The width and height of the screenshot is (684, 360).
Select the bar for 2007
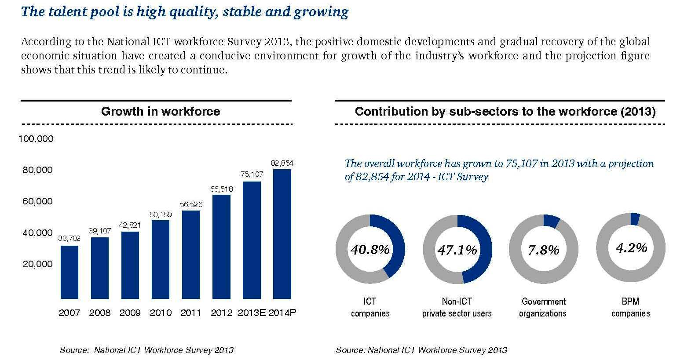coord(69,272)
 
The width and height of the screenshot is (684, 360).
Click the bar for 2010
coord(161,259)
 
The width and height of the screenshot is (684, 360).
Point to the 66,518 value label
coord(221,189)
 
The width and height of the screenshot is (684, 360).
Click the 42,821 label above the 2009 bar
coord(130,225)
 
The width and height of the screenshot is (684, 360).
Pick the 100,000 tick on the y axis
coord(36,139)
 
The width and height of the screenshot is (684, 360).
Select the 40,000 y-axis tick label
coord(37,233)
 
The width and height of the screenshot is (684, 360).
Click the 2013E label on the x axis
coord(252,313)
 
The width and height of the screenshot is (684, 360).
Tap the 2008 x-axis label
coord(99,313)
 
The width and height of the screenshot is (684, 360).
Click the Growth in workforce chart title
coord(161,111)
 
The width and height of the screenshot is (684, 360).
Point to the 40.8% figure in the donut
coord(370,250)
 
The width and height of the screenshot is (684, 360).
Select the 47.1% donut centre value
coord(457,250)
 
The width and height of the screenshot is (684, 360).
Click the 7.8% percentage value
coord(543,250)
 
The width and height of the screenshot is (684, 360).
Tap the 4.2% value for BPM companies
coord(631,248)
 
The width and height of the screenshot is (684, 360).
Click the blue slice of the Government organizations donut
coord(552,221)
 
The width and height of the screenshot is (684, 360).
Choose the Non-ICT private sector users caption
coord(457,307)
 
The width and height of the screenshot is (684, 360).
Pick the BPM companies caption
coord(630,307)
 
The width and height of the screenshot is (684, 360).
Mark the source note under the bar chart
coord(146,350)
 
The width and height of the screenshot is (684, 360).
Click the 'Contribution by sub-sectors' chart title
coord(505,111)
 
